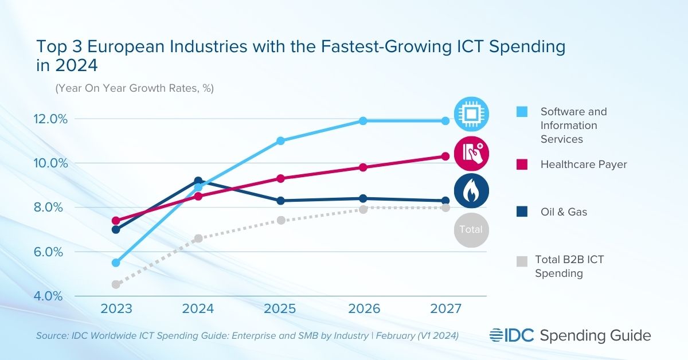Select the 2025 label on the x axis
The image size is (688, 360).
280,309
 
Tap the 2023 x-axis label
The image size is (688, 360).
116,309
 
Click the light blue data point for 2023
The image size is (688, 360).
116,263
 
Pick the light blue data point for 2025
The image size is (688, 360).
280,140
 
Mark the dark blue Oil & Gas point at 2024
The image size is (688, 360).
198,181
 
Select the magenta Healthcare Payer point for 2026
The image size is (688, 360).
363,167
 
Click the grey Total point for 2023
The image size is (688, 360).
116,284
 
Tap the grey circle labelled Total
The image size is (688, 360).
471,230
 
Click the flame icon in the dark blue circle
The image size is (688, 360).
471,191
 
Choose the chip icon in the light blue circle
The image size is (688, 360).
471,114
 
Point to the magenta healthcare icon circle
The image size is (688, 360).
471,152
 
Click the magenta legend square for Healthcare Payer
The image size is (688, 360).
521,165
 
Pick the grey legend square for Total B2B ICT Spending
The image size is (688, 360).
521,261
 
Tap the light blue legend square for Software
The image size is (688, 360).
521,112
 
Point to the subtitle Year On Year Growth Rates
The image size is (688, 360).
134,89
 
